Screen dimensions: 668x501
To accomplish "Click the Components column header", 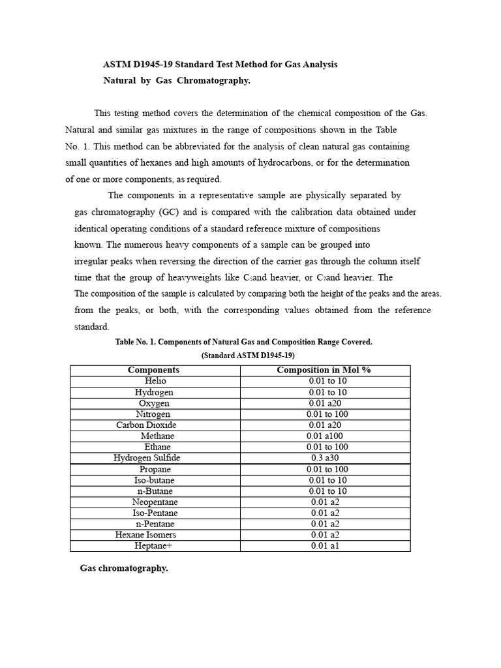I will click(154, 370).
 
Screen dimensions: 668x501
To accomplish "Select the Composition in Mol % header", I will click(324, 370).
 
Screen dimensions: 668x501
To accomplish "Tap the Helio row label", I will click(155, 381).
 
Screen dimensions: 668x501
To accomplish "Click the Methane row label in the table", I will click(156, 436).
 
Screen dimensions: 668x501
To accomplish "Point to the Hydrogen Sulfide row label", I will click(147, 458).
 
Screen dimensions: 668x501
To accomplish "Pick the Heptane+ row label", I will click(154, 546).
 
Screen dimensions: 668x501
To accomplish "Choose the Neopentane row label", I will click(155, 502).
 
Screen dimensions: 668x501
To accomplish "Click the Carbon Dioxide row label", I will click(146, 425).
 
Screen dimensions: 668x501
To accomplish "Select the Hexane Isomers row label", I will click(145, 535).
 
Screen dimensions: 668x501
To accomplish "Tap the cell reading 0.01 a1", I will click(325, 546).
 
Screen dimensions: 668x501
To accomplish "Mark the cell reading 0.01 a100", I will click(324, 436).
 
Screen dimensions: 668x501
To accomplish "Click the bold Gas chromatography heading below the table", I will click(124, 568).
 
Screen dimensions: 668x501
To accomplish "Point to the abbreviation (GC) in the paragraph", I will click(166, 212).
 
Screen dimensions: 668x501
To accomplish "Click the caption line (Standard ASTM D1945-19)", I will click(248, 356).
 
